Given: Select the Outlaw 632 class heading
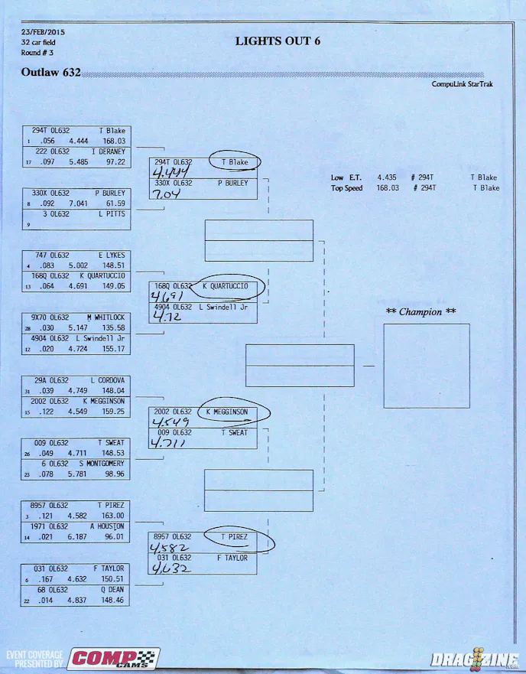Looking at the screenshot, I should pyautogui.click(x=51, y=73).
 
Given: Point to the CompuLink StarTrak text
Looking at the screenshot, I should pyautogui.click(x=462, y=84).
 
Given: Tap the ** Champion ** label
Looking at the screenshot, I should pyautogui.click(x=420, y=311).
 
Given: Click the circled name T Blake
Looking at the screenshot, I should pyautogui.click(x=235, y=162).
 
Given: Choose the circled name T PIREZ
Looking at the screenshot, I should pyautogui.click(x=235, y=538).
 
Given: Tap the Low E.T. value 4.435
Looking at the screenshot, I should pyautogui.click(x=388, y=177).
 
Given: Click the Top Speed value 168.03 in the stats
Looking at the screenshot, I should pyautogui.click(x=388, y=187).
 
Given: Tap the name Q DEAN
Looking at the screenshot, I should pyautogui.click(x=112, y=590).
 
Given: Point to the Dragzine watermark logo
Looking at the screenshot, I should pyautogui.click(x=469, y=658).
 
